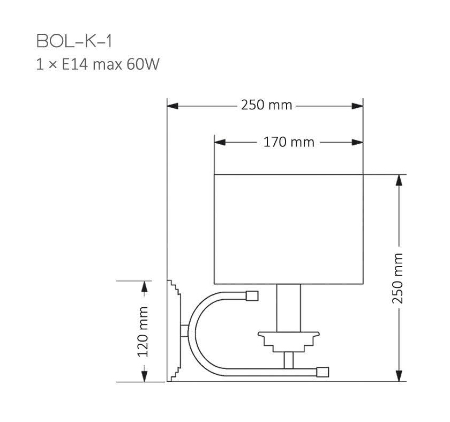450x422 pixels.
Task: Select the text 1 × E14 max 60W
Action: [x=97, y=65]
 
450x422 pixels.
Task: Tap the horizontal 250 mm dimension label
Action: [x=266, y=105]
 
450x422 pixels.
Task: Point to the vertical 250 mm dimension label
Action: [x=398, y=277]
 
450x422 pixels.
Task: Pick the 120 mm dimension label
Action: [x=144, y=331]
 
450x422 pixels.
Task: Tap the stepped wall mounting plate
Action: [x=175, y=330]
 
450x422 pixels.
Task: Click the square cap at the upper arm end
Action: [x=252, y=295]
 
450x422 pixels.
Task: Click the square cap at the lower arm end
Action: [x=322, y=371]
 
